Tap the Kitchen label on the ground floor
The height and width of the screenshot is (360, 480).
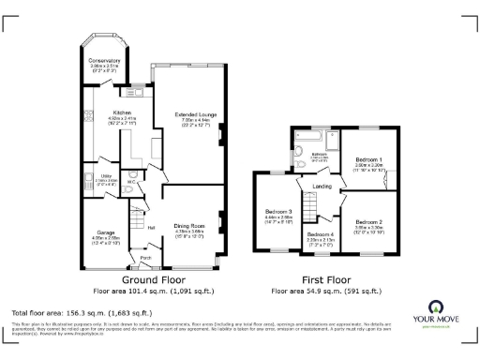(122, 112)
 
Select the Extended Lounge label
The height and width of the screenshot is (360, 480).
(196, 115)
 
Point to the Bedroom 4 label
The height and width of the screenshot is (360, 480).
(321, 234)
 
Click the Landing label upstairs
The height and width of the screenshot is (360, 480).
(322, 187)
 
